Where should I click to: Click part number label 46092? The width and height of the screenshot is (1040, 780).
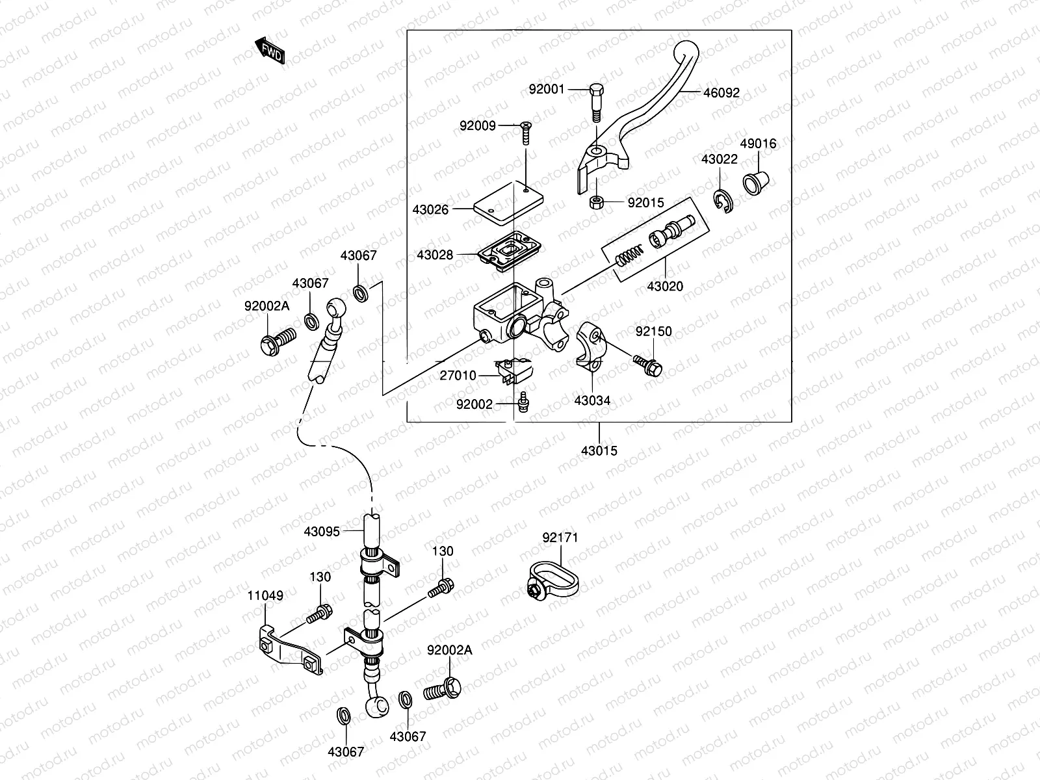click(721, 93)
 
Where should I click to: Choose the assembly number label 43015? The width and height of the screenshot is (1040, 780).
click(599, 450)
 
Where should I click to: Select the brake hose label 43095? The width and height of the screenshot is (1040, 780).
click(321, 531)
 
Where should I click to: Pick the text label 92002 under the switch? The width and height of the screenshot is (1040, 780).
click(474, 404)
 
